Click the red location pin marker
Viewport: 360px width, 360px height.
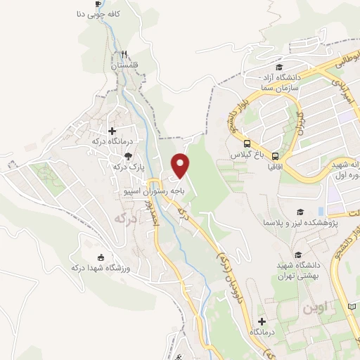pos(181,165)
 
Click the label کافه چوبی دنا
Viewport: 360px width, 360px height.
pos(98,14)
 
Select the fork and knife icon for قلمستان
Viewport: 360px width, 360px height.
pos(124,53)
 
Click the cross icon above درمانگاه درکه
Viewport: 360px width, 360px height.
pos(112,131)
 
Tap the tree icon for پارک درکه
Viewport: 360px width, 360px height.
pos(127,157)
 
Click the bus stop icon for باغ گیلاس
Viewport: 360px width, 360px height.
pos(275,155)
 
